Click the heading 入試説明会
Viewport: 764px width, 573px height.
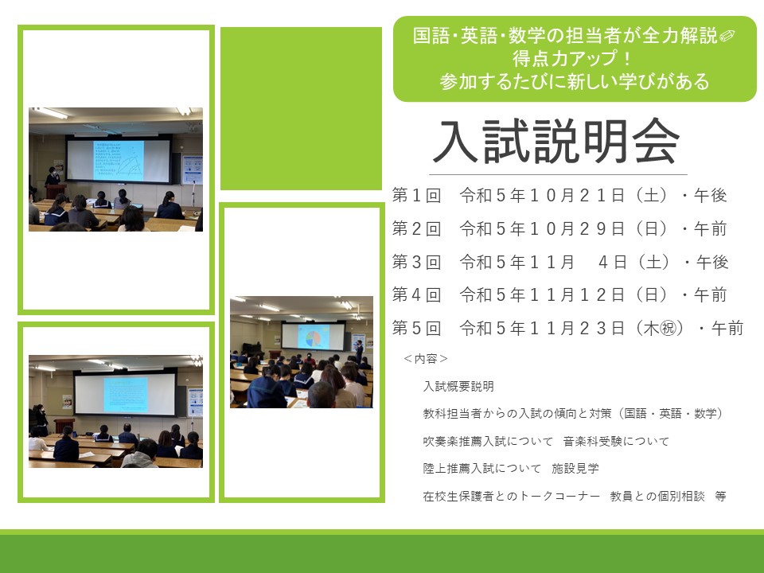[556, 142]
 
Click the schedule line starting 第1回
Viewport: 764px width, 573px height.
[559, 196]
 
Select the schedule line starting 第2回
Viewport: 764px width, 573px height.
[559, 228]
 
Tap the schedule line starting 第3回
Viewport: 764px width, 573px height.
[560, 262]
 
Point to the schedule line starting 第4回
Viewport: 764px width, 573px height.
[559, 294]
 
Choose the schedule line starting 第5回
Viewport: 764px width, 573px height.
[567, 329]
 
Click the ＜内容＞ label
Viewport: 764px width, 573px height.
[425, 359]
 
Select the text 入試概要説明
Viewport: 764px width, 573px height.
[458, 387]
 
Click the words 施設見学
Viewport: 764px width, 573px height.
[575, 468]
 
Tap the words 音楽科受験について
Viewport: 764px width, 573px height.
[616, 441]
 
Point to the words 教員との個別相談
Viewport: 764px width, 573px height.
[657, 496]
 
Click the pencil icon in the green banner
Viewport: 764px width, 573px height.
[727, 36]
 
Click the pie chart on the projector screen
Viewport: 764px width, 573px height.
[312, 338]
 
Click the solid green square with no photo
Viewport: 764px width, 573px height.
[301, 108]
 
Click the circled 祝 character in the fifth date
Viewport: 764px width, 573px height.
[668, 329]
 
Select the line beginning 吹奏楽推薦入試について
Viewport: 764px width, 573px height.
[546, 441]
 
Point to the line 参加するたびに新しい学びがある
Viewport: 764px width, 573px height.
[575, 81]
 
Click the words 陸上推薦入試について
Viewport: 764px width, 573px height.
[482, 468]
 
